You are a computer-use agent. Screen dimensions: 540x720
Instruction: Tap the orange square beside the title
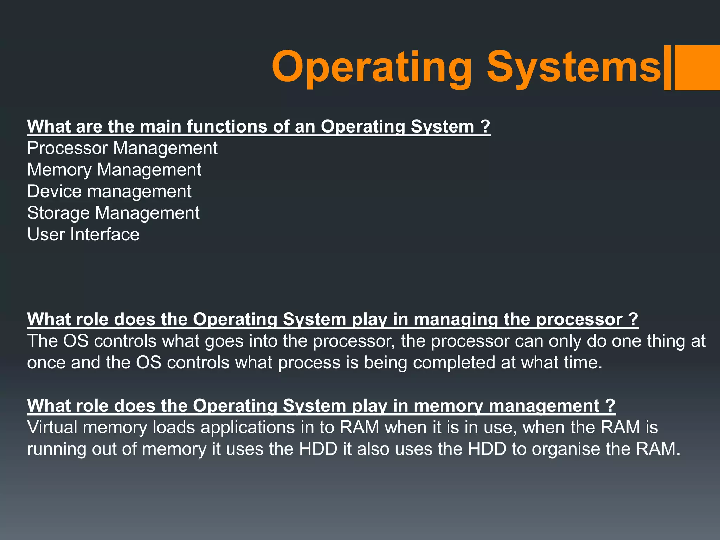(x=697, y=67)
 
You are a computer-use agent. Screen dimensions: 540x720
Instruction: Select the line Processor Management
(x=122, y=148)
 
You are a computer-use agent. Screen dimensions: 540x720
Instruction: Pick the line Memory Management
(x=114, y=170)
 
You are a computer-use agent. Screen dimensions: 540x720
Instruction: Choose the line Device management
(x=109, y=192)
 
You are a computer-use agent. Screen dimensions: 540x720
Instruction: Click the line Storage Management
(x=113, y=213)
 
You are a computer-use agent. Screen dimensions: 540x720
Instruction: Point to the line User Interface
(x=83, y=235)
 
